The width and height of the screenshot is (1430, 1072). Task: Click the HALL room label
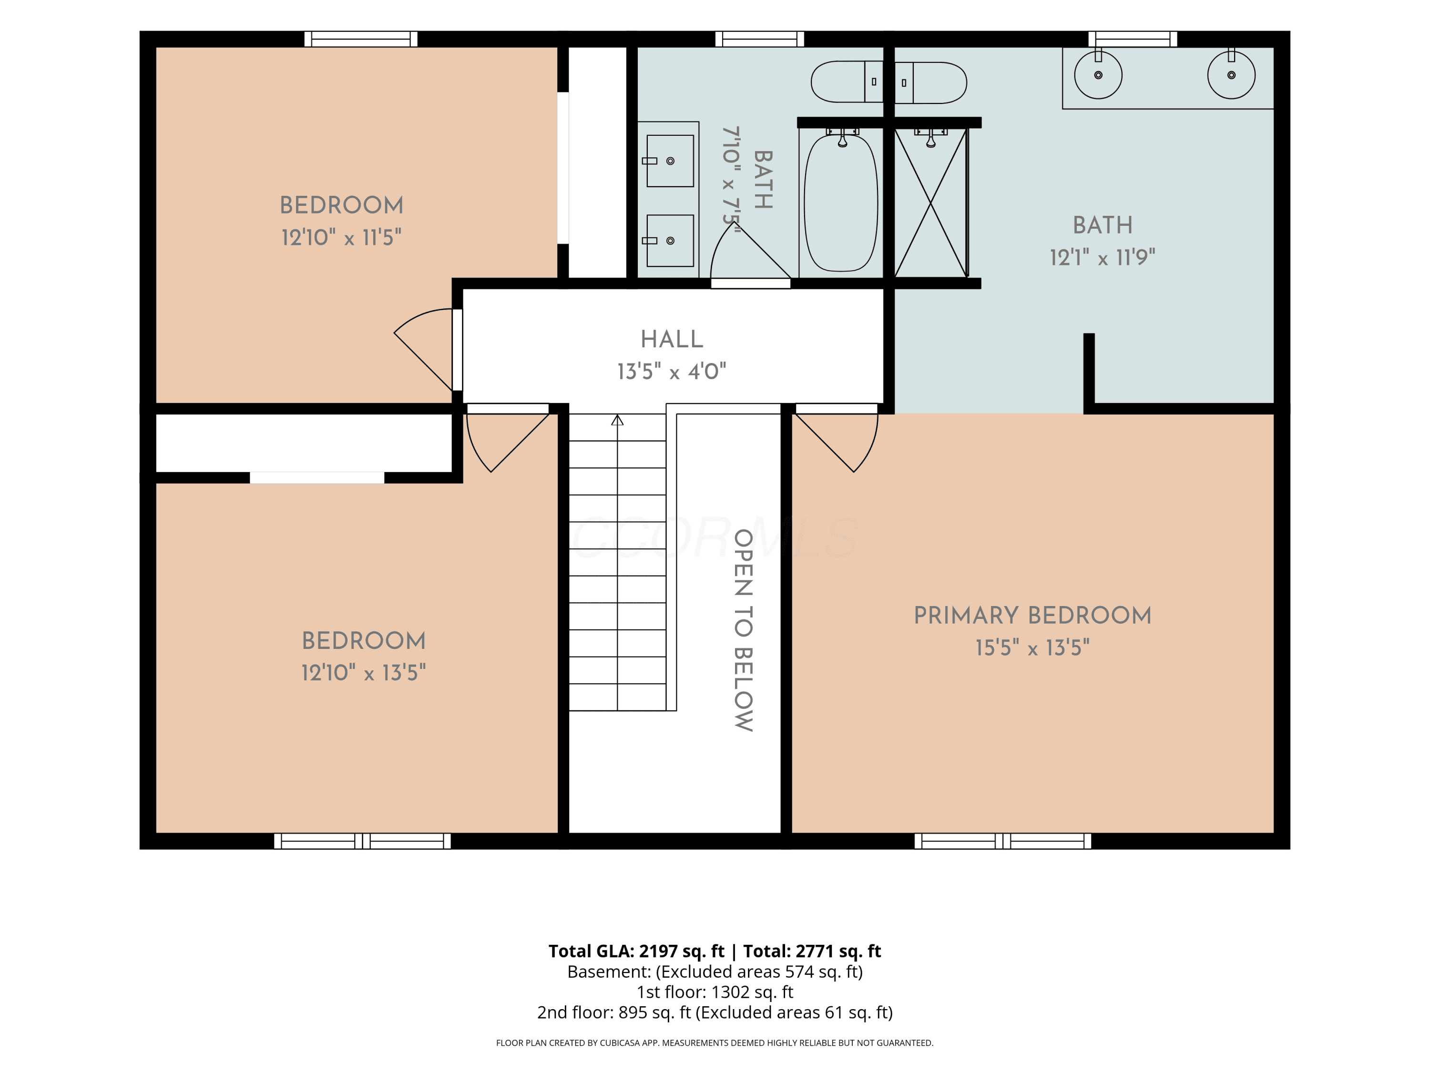[672, 339]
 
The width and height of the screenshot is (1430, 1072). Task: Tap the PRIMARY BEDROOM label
[1032, 615]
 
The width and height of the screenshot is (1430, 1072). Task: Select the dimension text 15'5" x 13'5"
[1032, 647]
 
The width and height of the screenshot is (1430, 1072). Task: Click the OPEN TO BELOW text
[744, 630]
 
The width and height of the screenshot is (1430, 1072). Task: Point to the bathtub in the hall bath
[841, 202]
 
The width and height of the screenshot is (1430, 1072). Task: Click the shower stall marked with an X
[931, 202]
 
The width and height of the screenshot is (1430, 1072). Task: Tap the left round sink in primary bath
[1098, 75]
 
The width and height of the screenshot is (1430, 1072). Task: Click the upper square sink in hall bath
[670, 161]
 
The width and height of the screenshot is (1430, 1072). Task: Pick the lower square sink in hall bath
[670, 241]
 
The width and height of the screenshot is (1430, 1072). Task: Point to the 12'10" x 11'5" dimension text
[341, 238]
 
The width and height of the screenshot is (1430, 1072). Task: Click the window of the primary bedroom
[1003, 840]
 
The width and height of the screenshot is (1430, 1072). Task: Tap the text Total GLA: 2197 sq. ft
[636, 951]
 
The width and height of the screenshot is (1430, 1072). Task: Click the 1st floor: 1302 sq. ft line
[715, 992]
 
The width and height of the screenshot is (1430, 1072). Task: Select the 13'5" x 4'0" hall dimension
[672, 372]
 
